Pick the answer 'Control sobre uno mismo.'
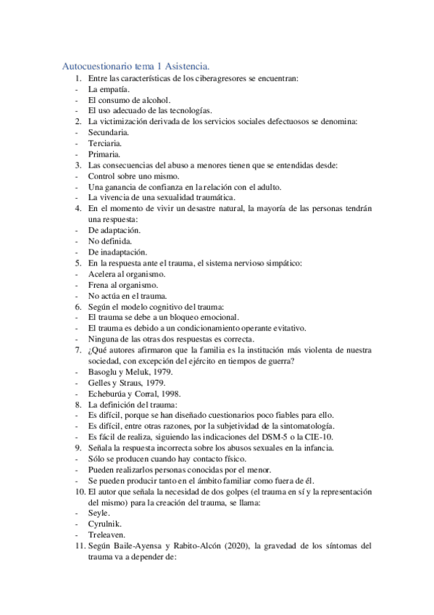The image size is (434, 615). [x=134, y=176]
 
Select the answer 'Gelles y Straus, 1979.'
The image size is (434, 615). [x=126, y=382]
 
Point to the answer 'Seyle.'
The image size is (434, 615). [x=100, y=512]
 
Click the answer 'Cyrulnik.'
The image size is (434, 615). [x=106, y=523]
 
